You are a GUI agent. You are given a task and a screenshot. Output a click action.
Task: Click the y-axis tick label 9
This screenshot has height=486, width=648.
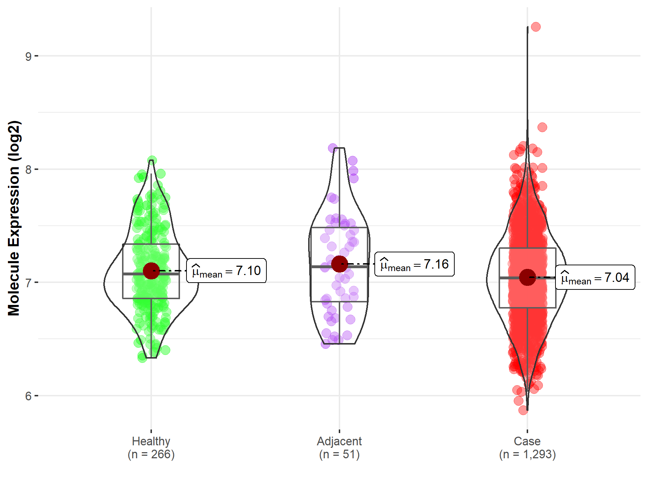click(28, 57)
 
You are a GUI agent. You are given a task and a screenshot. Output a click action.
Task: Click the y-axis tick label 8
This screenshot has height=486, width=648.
click(28, 170)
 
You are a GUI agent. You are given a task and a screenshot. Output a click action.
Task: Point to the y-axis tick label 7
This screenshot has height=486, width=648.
click(28, 283)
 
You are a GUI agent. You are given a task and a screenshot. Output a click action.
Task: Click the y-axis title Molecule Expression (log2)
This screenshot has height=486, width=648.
click(14, 218)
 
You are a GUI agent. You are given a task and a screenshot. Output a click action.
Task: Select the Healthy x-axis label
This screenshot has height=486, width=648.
click(151, 441)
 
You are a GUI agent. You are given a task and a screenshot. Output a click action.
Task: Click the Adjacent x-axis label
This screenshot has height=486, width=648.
click(339, 441)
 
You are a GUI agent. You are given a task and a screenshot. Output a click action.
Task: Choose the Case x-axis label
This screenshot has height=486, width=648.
click(527, 441)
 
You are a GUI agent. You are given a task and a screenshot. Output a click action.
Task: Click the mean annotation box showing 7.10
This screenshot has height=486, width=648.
click(226, 271)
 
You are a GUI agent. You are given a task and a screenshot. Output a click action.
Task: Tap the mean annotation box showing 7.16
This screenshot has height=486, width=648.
click(414, 264)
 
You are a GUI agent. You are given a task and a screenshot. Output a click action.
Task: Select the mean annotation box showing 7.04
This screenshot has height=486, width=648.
click(595, 278)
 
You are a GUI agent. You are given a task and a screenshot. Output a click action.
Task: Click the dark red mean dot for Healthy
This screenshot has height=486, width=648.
click(151, 271)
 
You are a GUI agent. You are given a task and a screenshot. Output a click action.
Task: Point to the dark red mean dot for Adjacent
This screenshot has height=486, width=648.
click(339, 264)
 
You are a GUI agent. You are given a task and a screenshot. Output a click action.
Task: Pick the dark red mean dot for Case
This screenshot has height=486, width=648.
click(527, 278)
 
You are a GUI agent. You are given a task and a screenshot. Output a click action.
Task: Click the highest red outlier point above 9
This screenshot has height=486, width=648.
click(536, 27)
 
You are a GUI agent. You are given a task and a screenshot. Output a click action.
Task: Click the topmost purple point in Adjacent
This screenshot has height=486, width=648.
click(333, 148)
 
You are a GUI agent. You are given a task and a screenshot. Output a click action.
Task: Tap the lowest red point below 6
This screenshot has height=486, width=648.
click(523, 410)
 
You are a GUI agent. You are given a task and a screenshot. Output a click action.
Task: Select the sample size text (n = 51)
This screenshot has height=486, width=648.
click(339, 454)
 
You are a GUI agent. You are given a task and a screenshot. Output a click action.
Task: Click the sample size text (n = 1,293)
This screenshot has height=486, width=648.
click(527, 454)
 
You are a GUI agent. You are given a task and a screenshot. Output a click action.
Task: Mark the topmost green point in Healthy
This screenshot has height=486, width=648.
click(152, 160)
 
